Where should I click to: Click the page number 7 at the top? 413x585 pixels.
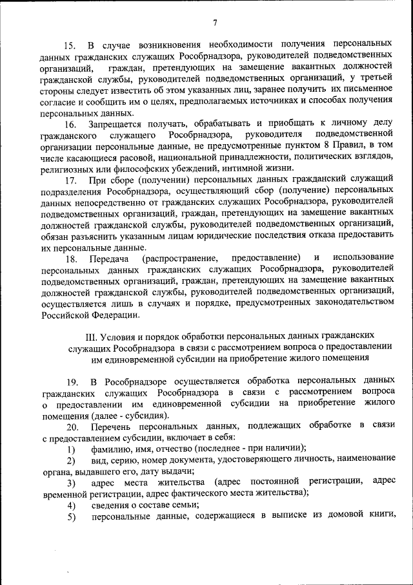point(214,24)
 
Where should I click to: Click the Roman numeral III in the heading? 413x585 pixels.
point(90,337)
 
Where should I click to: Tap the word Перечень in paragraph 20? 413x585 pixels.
point(114,427)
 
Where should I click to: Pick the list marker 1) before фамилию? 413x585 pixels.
point(70,449)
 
